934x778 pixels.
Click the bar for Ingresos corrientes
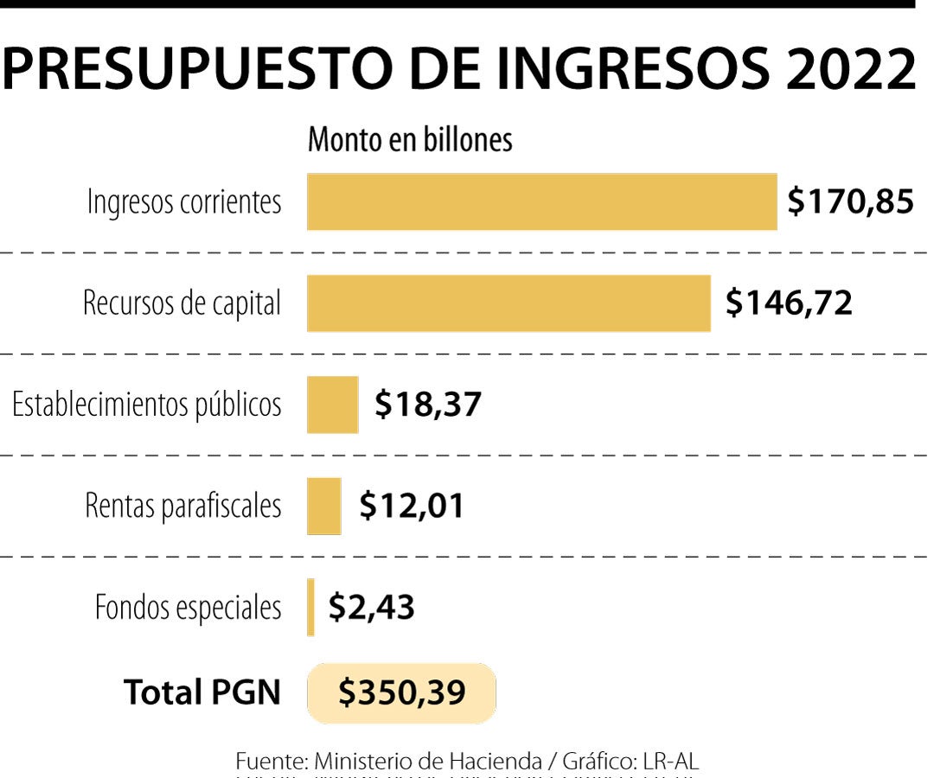click(541, 201)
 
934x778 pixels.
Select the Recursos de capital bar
click(509, 303)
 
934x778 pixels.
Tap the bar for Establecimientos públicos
click(332, 405)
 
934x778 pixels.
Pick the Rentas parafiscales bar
click(323, 506)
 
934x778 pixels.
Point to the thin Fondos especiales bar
click(310, 607)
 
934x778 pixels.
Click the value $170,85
click(850, 201)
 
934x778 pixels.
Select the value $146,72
click(789, 303)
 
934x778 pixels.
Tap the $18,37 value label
click(427, 404)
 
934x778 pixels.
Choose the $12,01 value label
click(412, 506)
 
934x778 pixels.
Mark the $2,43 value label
click(371, 607)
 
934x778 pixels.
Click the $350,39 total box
click(401, 692)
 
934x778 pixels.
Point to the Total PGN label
click(202, 692)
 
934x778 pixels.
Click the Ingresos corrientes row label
click(184, 202)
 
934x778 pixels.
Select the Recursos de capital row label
click(182, 303)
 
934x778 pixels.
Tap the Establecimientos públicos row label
click(146, 405)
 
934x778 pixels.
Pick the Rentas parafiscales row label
click(183, 506)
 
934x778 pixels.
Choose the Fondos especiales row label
click(189, 607)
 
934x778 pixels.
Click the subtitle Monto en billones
click(410, 140)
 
